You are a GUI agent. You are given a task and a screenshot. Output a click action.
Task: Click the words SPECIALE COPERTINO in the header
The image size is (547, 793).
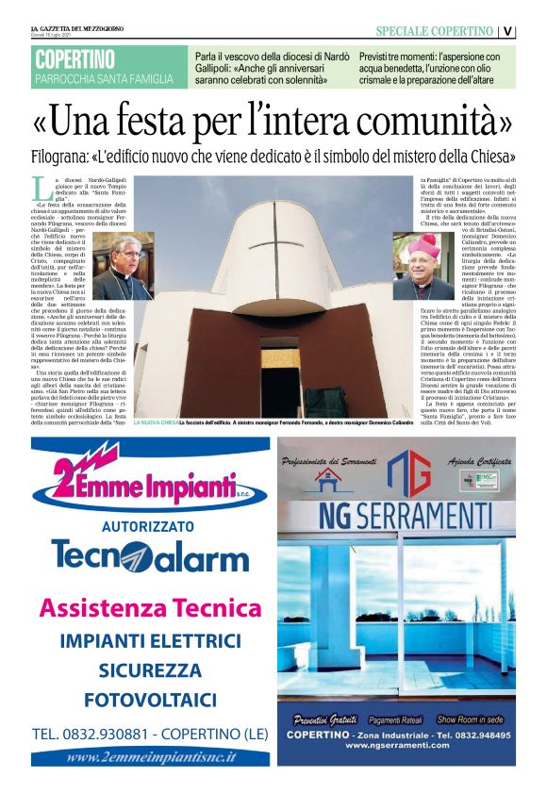coord(434,31)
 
